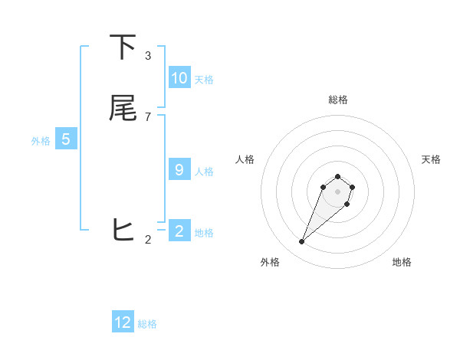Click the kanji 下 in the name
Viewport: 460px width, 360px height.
[x=123, y=47]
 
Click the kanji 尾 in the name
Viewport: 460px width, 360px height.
[x=123, y=108]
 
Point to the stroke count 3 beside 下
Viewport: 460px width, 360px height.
[x=148, y=56]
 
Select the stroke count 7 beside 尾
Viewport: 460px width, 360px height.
[x=148, y=116]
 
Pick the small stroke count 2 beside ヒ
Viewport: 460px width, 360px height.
[x=148, y=240]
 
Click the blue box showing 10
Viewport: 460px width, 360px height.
[x=179, y=78]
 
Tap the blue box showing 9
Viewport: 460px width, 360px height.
[x=179, y=170]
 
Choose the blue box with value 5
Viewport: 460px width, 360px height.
[x=66, y=139]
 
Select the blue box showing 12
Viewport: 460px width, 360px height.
[x=123, y=322]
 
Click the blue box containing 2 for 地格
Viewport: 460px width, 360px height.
[x=179, y=231]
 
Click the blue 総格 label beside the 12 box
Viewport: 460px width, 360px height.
[x=147, y=324]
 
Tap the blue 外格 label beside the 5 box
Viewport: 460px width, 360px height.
[x=41, y=141]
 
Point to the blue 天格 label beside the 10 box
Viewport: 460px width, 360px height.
[x=204, y=80]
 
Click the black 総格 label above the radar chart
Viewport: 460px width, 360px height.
[x=337, y=100]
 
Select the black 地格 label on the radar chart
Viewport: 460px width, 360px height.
[x=402, y=263]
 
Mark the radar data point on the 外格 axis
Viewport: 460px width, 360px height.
[x=302, y=242]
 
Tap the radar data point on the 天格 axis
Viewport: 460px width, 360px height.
[x=353, y=187]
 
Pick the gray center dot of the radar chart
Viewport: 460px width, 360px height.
[x=337, y=191]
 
